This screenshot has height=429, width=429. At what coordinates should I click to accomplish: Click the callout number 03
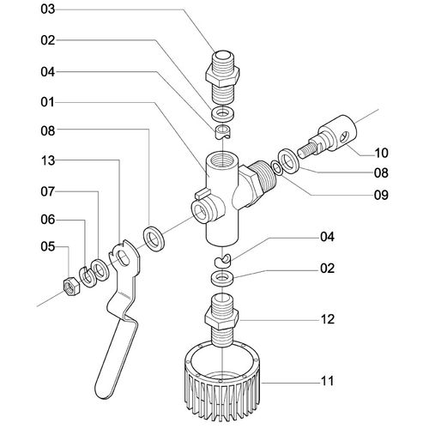(x=47, y=9)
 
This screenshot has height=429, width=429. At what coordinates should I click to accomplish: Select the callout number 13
(x=47, y=160)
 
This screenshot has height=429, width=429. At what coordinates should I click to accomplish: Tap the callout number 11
(x=327, y=381)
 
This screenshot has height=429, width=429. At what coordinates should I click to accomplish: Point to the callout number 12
(x=327, y=319)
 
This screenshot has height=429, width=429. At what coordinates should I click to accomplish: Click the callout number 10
(x=381, y=153)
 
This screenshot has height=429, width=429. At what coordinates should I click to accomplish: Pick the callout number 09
(x=381, y=195)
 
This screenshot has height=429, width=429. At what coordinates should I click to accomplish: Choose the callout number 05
(x=47, y=246)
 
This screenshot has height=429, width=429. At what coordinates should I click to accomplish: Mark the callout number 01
(x=47, y=102)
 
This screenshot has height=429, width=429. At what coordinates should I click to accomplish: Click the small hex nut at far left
(x=71, y=286)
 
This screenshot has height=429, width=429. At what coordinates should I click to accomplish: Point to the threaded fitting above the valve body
(x=222, y=76)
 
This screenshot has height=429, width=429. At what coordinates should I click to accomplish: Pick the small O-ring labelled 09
(x=277, y=167)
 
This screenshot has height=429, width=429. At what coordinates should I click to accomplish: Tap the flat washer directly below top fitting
(x=223, y=112)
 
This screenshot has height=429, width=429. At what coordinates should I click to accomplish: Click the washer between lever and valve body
(x=154, y=239)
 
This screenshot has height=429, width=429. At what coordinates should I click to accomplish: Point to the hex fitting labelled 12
(x=221, y=318)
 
